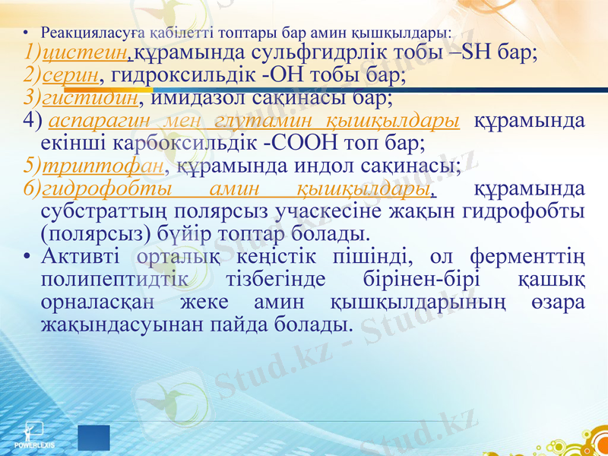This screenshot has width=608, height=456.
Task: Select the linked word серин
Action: click(x=71, y=76)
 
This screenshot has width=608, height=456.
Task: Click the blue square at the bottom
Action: click(x=93, y=439)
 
